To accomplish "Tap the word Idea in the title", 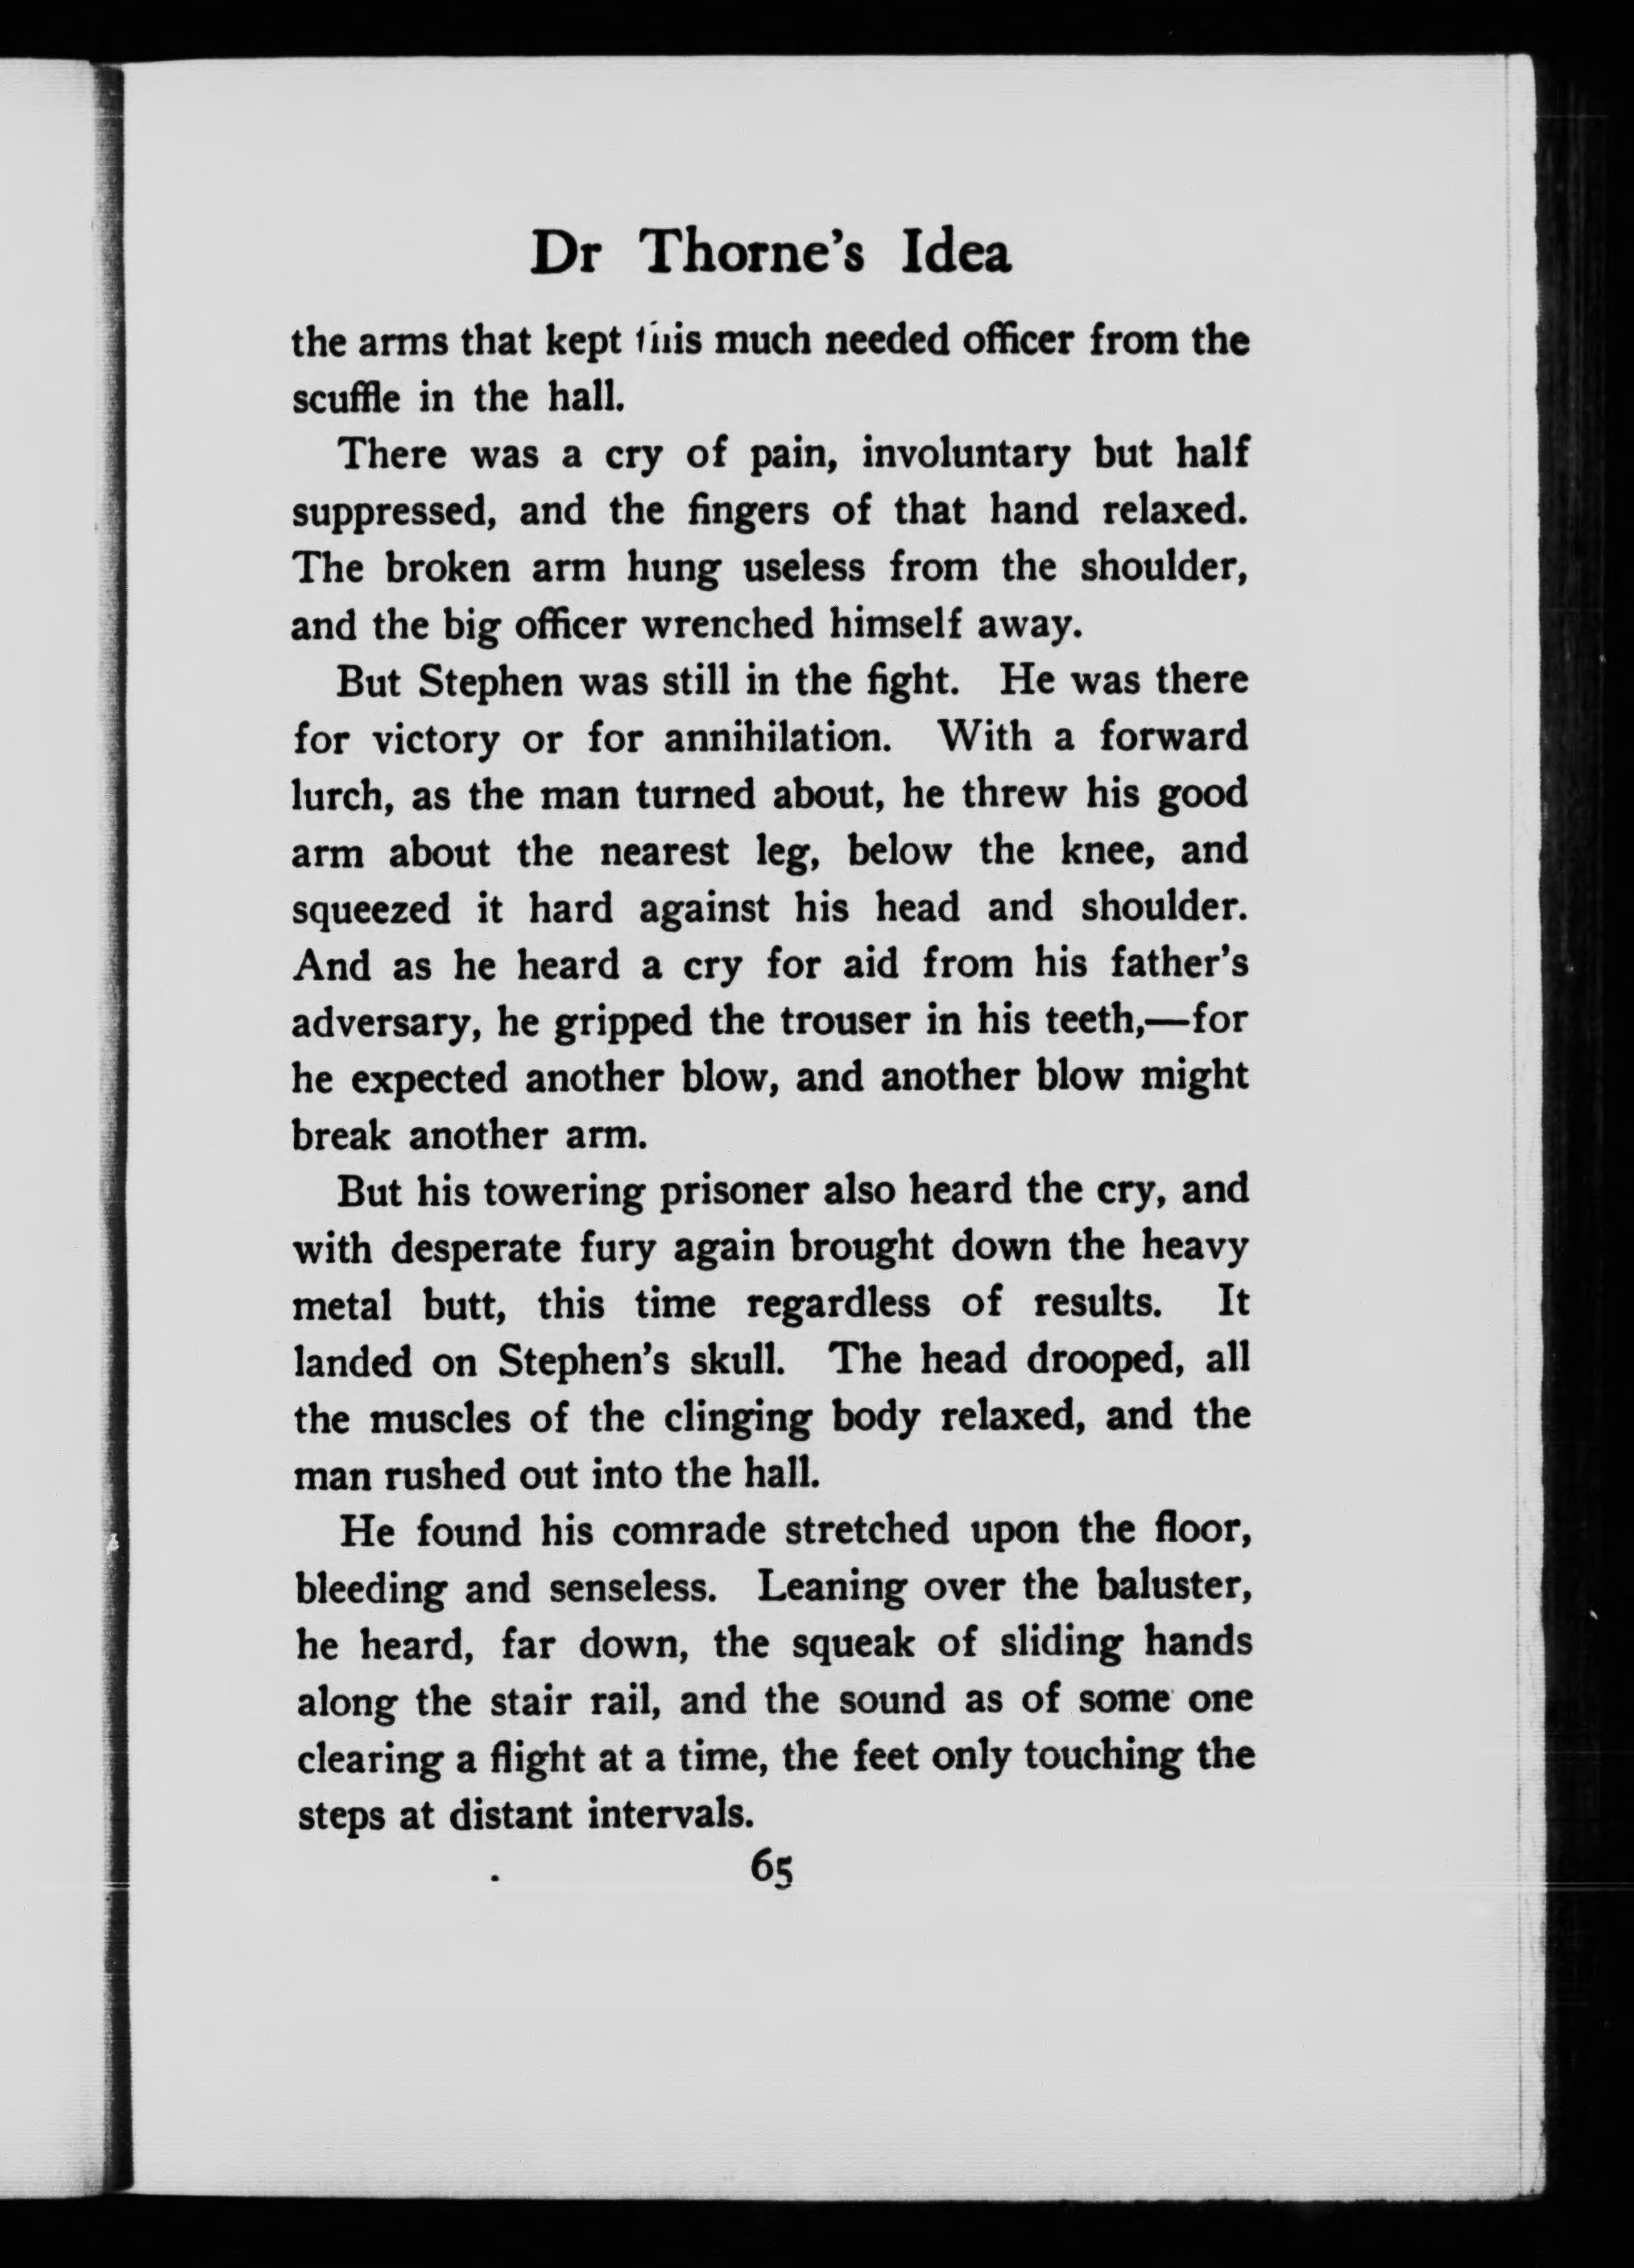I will click(956, 254).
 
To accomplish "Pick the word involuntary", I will click(965, 455).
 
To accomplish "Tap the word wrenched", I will click(734, 626).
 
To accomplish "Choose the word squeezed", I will click(360, 909).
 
